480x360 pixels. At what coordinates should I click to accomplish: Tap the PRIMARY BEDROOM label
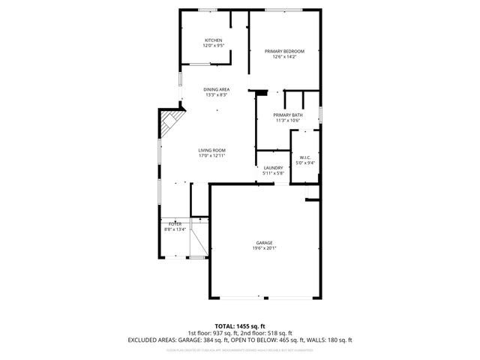285,51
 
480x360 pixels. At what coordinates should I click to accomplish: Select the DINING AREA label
216,90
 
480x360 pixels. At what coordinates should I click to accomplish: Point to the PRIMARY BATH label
288,115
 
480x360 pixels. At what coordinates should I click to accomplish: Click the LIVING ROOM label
211,150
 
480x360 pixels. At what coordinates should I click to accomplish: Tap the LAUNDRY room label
273,168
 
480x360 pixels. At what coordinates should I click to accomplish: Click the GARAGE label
264,243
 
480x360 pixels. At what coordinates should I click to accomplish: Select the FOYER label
175,224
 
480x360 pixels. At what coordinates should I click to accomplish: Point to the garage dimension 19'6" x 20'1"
264,249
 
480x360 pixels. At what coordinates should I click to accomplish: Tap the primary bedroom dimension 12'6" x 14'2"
285,57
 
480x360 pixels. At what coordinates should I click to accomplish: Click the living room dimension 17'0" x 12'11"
211,156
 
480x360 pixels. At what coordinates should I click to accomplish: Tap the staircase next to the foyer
199,238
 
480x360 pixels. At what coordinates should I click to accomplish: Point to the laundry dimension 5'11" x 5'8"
273,174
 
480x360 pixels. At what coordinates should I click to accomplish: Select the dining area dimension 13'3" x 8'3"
216,95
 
